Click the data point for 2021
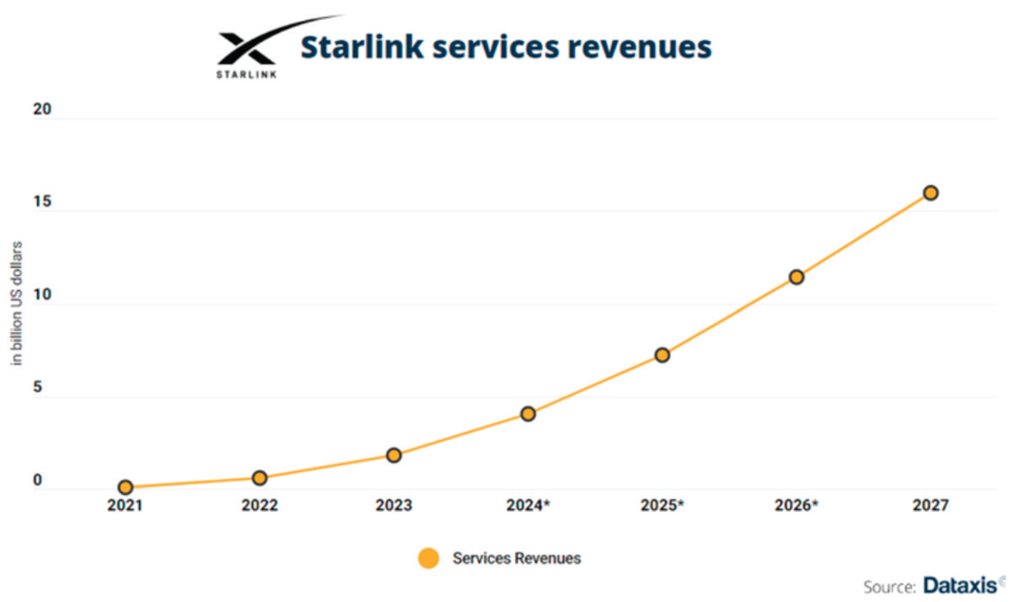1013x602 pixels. [126, 487]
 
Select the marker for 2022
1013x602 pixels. [260, 478]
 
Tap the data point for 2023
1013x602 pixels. [394, 455]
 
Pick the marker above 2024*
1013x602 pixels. [528, 414]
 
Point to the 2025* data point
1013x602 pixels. [662, 355]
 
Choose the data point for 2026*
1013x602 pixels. [796, 277]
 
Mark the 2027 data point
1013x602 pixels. [930, 193]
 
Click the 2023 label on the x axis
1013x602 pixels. [394, 506]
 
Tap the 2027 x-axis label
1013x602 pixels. [930, 506]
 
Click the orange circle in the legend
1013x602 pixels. [428, 558]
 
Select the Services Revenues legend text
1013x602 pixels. [516, 558]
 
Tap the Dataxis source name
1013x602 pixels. [961, 584]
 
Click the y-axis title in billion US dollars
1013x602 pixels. [16, 304]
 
